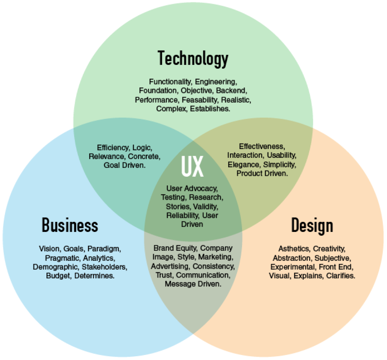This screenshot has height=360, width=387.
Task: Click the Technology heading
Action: (193, 59)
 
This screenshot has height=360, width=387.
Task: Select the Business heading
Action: (70, 225)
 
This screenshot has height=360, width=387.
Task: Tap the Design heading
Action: (312, 226)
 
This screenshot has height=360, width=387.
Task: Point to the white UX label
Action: (192, 166)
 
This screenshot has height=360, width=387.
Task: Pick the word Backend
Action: (231, 90)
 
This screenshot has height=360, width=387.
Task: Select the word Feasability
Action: (200, 100)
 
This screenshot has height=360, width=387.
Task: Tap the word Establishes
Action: (210, 109)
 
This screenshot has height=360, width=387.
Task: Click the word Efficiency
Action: (113, 148)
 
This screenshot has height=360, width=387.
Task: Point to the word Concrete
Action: (144, 157)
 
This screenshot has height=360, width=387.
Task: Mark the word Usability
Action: (281, 155)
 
